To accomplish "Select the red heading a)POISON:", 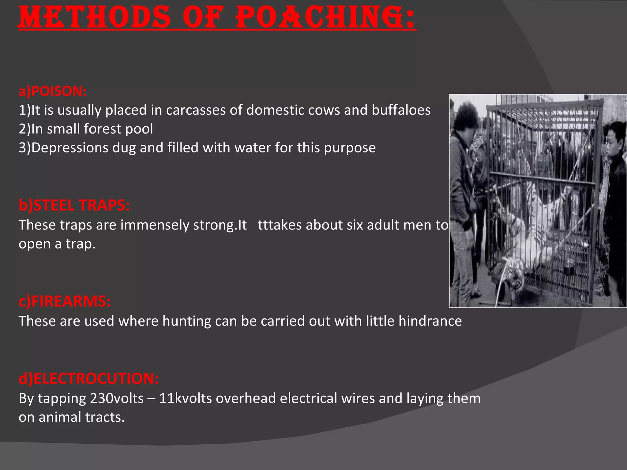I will [53, 91].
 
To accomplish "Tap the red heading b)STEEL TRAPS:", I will [74, 205].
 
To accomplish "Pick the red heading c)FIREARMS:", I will [65, 301].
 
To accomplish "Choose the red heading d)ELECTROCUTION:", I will [89, 379].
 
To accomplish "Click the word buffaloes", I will [401, 110].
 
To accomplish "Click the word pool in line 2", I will [140, 129].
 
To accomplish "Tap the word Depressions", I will [70, 148].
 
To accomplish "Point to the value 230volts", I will [117, 398].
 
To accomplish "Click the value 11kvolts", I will [186, 398].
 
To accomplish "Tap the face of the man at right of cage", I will [614, 141].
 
